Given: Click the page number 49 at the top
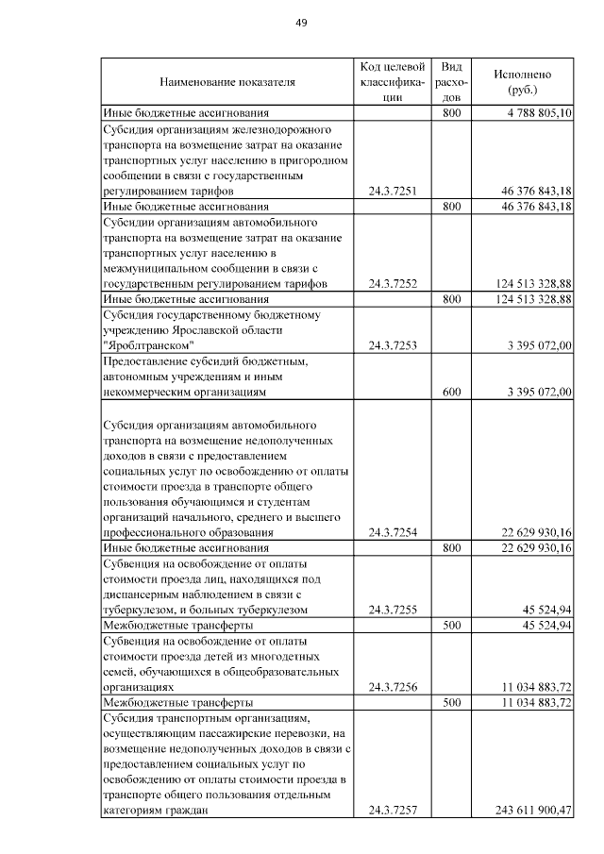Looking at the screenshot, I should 302,22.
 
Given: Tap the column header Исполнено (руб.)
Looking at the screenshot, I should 522,82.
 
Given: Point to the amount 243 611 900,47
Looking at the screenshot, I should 533,811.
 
